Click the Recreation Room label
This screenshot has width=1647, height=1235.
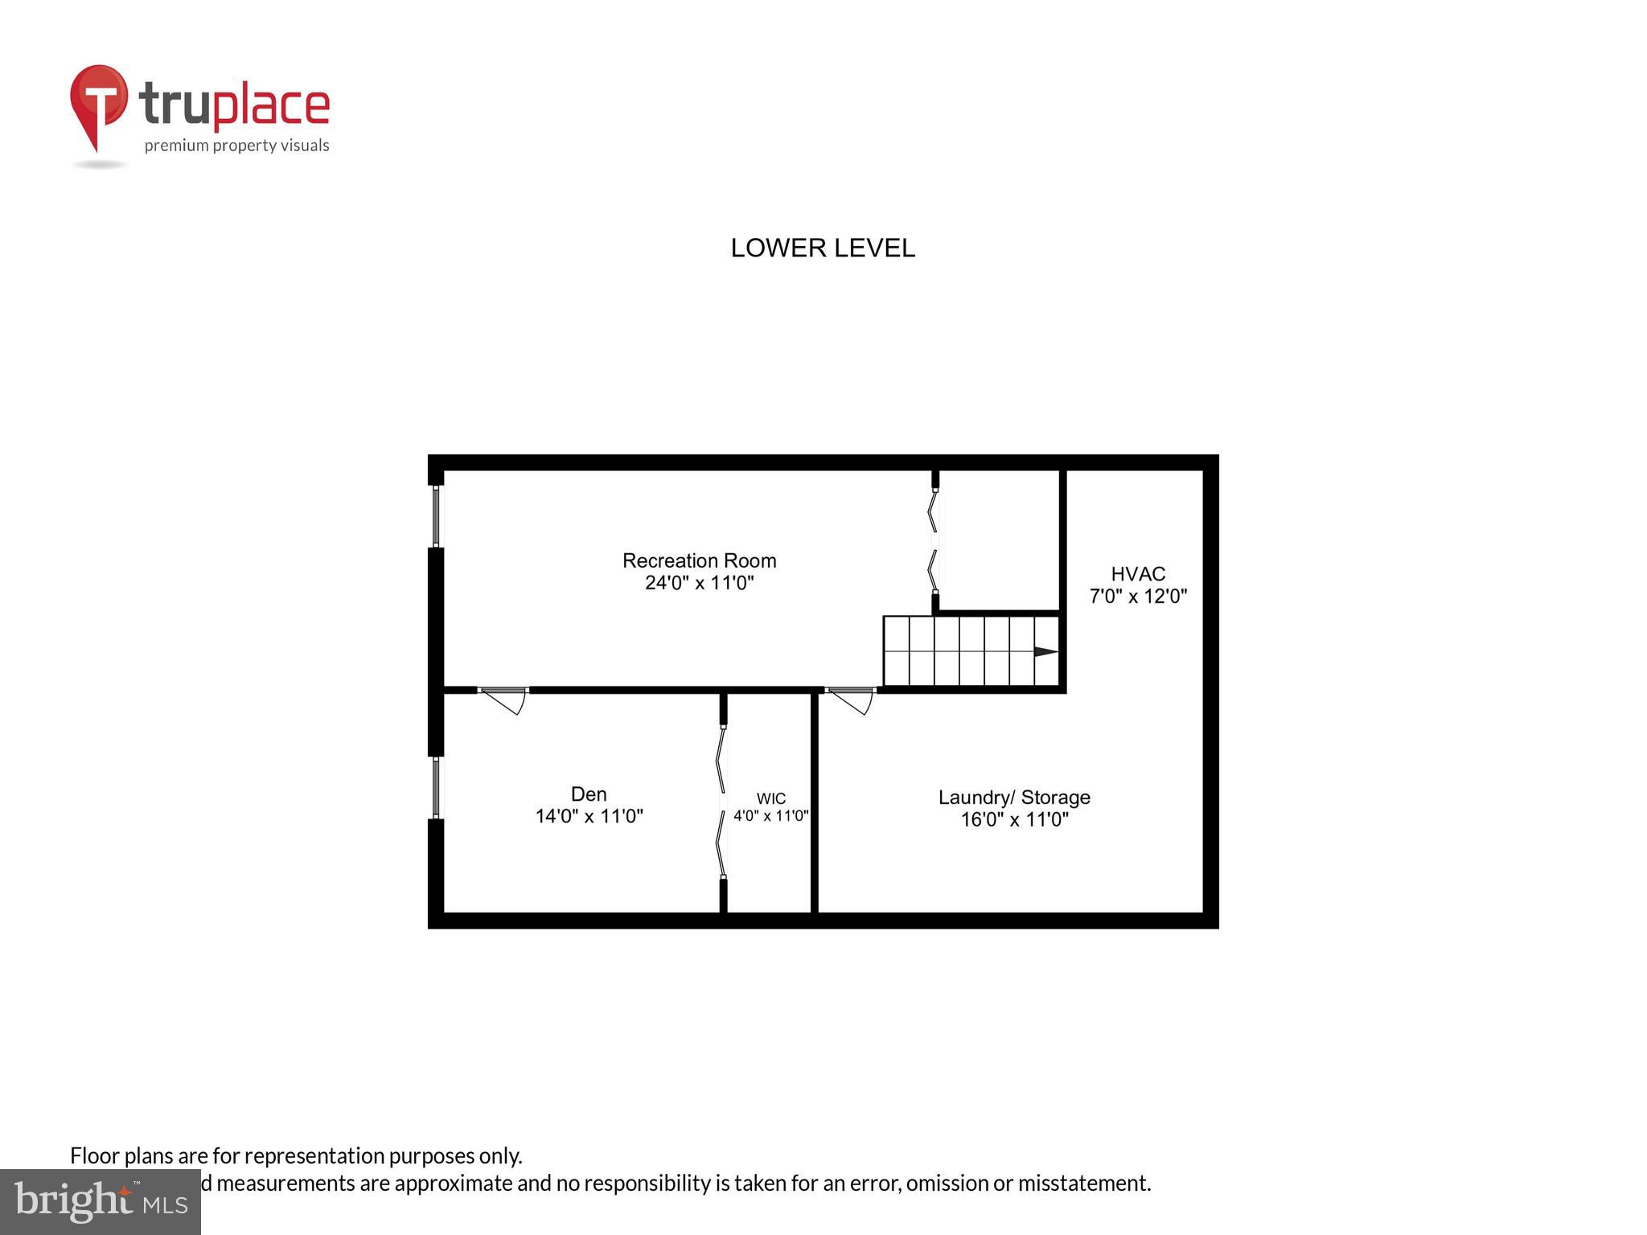pos(699,560)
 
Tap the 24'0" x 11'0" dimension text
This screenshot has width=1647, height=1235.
pos(699,583)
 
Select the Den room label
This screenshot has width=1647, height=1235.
pos(589,794)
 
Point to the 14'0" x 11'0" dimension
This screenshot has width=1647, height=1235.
pos(589,817)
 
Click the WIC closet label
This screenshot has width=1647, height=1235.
pos(770,798)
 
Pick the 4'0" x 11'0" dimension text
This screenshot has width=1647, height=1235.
pos(770,816)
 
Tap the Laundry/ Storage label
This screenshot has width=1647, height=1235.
pos(1014,798)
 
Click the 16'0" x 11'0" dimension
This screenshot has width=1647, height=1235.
pos(1014,820)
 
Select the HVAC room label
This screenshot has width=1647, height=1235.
pos(1138,574)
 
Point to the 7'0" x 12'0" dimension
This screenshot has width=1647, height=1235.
pos(1138,597)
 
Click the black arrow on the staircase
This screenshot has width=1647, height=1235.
pos(1045,652)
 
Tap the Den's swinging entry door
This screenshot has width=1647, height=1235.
pos(504,700)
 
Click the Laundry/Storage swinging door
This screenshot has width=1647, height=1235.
pos(852,700)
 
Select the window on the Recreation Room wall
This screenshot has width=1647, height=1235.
pos(436,515)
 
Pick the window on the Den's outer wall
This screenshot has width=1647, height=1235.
pos(436,787)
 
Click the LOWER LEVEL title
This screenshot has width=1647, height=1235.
pos(823,248)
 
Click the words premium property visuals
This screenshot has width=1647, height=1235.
pos(236,146)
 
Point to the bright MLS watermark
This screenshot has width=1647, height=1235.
pos(101,1201)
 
